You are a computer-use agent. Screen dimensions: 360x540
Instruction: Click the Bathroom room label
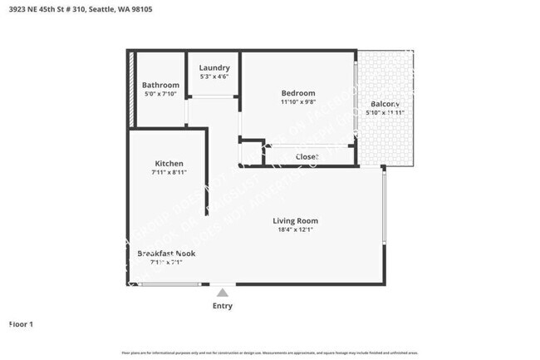pyautogui.click(x=160, y=85)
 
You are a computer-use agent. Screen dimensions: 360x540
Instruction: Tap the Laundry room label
pyautogui.click(x=214, y=67)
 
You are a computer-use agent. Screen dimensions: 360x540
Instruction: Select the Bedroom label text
pyautogui.click(x=297, y=92)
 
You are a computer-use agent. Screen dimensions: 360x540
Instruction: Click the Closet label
pyautogui.click(x=307, y=156)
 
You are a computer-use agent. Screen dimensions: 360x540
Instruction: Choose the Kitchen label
pyautogui.click(x=169, y=163)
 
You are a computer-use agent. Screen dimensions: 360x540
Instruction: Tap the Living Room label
pyautogui.click(x=296, y=220)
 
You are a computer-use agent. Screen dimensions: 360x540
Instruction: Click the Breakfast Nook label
pyautogui.click(x=167, y=253)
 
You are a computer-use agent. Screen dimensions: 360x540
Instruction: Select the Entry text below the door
pyautogui.click(x=223, y=307)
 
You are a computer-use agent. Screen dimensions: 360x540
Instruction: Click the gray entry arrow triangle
pyautogui.click(x=222, y=292)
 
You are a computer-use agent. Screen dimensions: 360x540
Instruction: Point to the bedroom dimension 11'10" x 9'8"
pyautogui.click(x=297, y=101)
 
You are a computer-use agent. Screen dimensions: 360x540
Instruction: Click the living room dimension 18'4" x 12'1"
pyautogui.click(x=296, y=230)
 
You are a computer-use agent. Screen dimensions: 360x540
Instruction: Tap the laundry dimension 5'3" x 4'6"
pyautogui.click(x=214, y=76)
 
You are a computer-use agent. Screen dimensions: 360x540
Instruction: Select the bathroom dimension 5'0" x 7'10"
pyautogui.click(x=160, y=94)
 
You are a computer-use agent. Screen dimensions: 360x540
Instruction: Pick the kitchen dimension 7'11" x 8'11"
pyautogui.click(x=169, y=173)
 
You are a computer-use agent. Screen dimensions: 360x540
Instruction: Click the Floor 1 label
pyautogui.click(x=21, y=324)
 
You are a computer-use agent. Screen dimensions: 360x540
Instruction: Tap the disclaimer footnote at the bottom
pyautogui.click(x=269, y=353)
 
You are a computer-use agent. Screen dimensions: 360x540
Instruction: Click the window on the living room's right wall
pyautogui.click(x=383, y=207)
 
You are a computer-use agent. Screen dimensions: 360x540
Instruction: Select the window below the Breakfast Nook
pyautogui.click(x=169, y=284)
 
